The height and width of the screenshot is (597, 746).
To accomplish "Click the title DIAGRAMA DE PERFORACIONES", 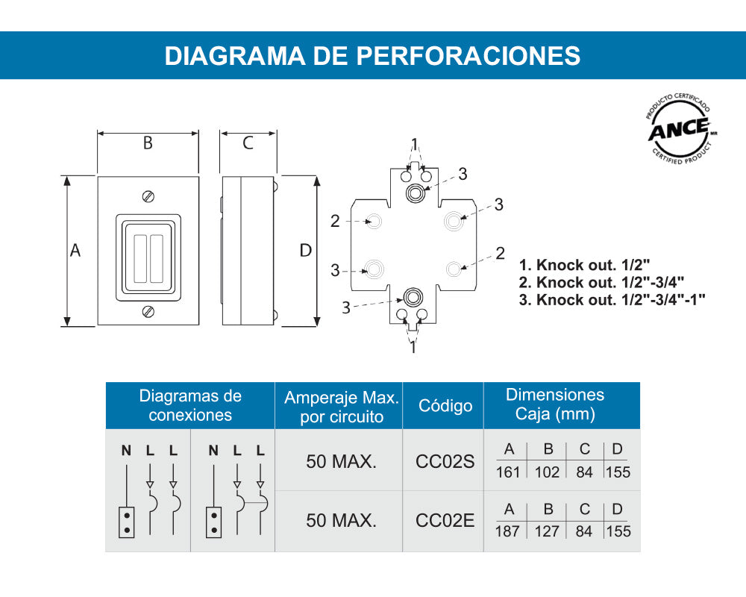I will point(372,56).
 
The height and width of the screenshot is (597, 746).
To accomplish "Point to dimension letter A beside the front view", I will point(75,251).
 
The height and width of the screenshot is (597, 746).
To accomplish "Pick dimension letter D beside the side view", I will point(305,251).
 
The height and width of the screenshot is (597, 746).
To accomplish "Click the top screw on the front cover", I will point(148,196).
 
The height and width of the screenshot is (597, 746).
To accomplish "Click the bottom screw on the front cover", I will point(148,310).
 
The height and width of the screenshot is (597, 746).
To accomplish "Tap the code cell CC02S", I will point(445,461).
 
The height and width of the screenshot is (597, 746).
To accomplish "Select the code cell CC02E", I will point(445,521).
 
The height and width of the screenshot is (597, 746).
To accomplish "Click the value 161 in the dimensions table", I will point(507,472).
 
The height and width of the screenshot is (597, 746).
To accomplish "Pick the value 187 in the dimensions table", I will point(507,531).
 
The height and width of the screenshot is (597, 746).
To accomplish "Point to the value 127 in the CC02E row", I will point(547,531).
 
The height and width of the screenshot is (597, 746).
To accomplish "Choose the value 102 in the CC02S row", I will point(547,472).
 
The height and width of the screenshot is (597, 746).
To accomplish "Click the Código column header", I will point(445,406).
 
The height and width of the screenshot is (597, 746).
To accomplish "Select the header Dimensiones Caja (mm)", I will point(555,404).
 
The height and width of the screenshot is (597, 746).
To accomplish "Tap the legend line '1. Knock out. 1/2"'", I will point(585,264).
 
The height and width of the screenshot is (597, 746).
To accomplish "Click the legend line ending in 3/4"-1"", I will point(612,300).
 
